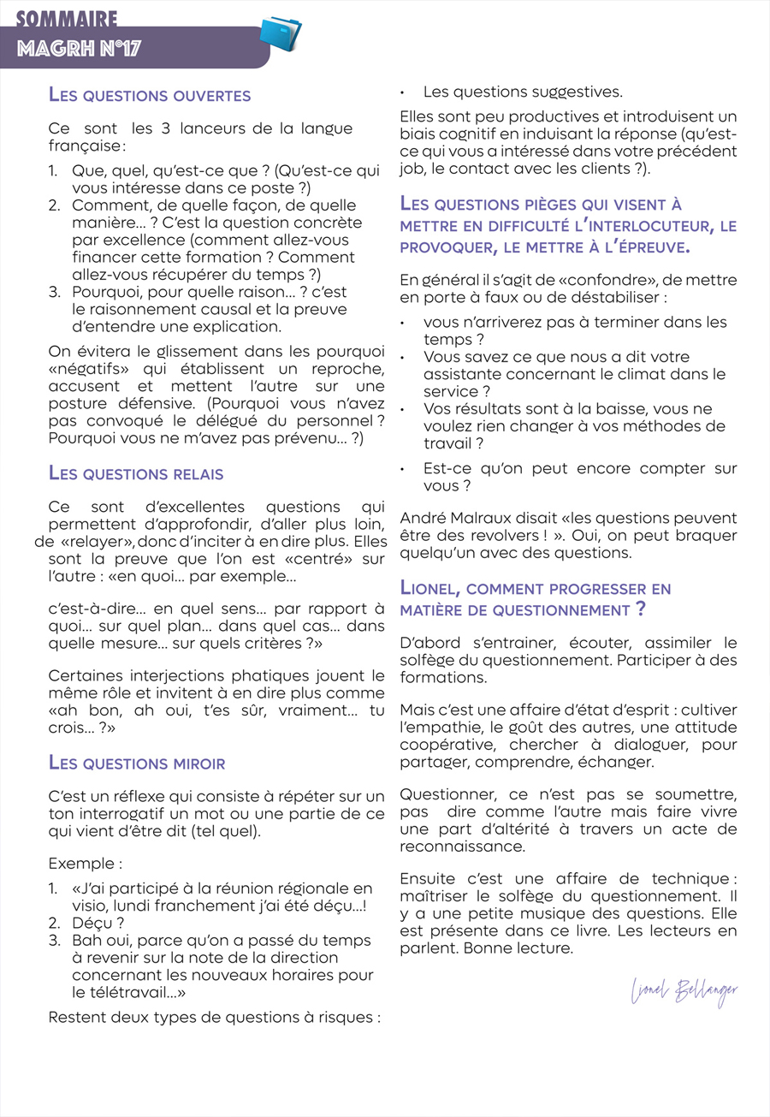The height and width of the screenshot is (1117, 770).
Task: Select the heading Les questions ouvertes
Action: [150, 95]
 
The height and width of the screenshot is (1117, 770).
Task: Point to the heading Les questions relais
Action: [136, 472]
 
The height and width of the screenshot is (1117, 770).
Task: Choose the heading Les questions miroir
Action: [137, 763]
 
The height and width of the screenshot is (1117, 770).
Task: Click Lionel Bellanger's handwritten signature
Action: [684, 991]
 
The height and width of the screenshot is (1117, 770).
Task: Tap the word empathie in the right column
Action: [446, 728]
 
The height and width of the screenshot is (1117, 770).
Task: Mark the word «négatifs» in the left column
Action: [85, 369]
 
